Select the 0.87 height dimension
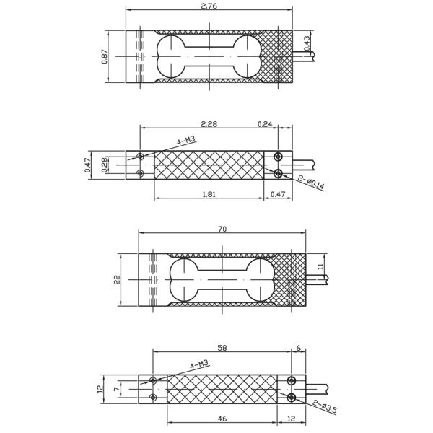[x=105, y=56]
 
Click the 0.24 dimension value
[x=265, y=124]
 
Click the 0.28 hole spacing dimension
[x=105, y=165]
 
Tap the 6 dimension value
[x=299, y=348]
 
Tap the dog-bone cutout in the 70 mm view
[x=222, y=280]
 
